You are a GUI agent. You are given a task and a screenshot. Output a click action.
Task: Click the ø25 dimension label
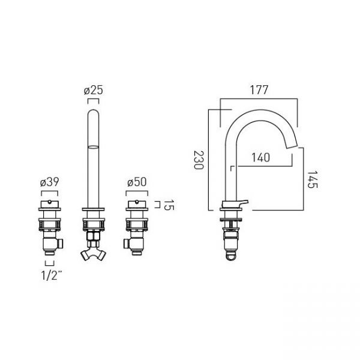click(94, 90)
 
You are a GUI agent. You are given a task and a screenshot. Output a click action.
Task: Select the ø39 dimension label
click(49, 182)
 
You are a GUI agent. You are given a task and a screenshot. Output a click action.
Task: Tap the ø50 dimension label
click(137, 182)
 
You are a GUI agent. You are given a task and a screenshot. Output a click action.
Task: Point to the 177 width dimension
click(259, 90)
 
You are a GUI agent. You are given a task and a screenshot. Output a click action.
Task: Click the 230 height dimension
click(199, 160)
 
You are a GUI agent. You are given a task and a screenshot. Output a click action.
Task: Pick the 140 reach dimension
click(260, 157)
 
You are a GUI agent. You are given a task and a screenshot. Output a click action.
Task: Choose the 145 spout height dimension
click(312, 179)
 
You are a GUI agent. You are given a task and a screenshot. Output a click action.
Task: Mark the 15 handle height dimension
click(169, 205)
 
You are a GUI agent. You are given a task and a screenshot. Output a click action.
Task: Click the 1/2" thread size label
click(52, 275)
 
